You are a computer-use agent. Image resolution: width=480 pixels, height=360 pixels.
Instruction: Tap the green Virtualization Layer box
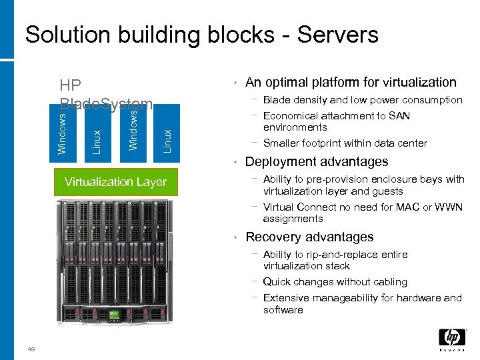[115, 182]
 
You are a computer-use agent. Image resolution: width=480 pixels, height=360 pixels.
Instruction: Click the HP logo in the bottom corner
[451, 339]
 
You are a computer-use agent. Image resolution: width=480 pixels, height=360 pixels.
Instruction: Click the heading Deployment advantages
[317, 162]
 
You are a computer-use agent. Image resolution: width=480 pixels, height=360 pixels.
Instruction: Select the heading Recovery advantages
[309, 237]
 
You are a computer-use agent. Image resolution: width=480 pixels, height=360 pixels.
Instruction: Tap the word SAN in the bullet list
[399, 116]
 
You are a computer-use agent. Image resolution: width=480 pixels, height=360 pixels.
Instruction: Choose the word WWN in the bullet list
[448, 207]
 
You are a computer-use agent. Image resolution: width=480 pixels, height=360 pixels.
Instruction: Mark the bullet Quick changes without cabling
[335, 282]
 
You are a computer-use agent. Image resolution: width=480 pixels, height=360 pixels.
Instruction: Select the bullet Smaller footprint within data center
[345, 143]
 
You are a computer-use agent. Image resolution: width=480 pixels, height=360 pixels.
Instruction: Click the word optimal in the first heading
[286, 83]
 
